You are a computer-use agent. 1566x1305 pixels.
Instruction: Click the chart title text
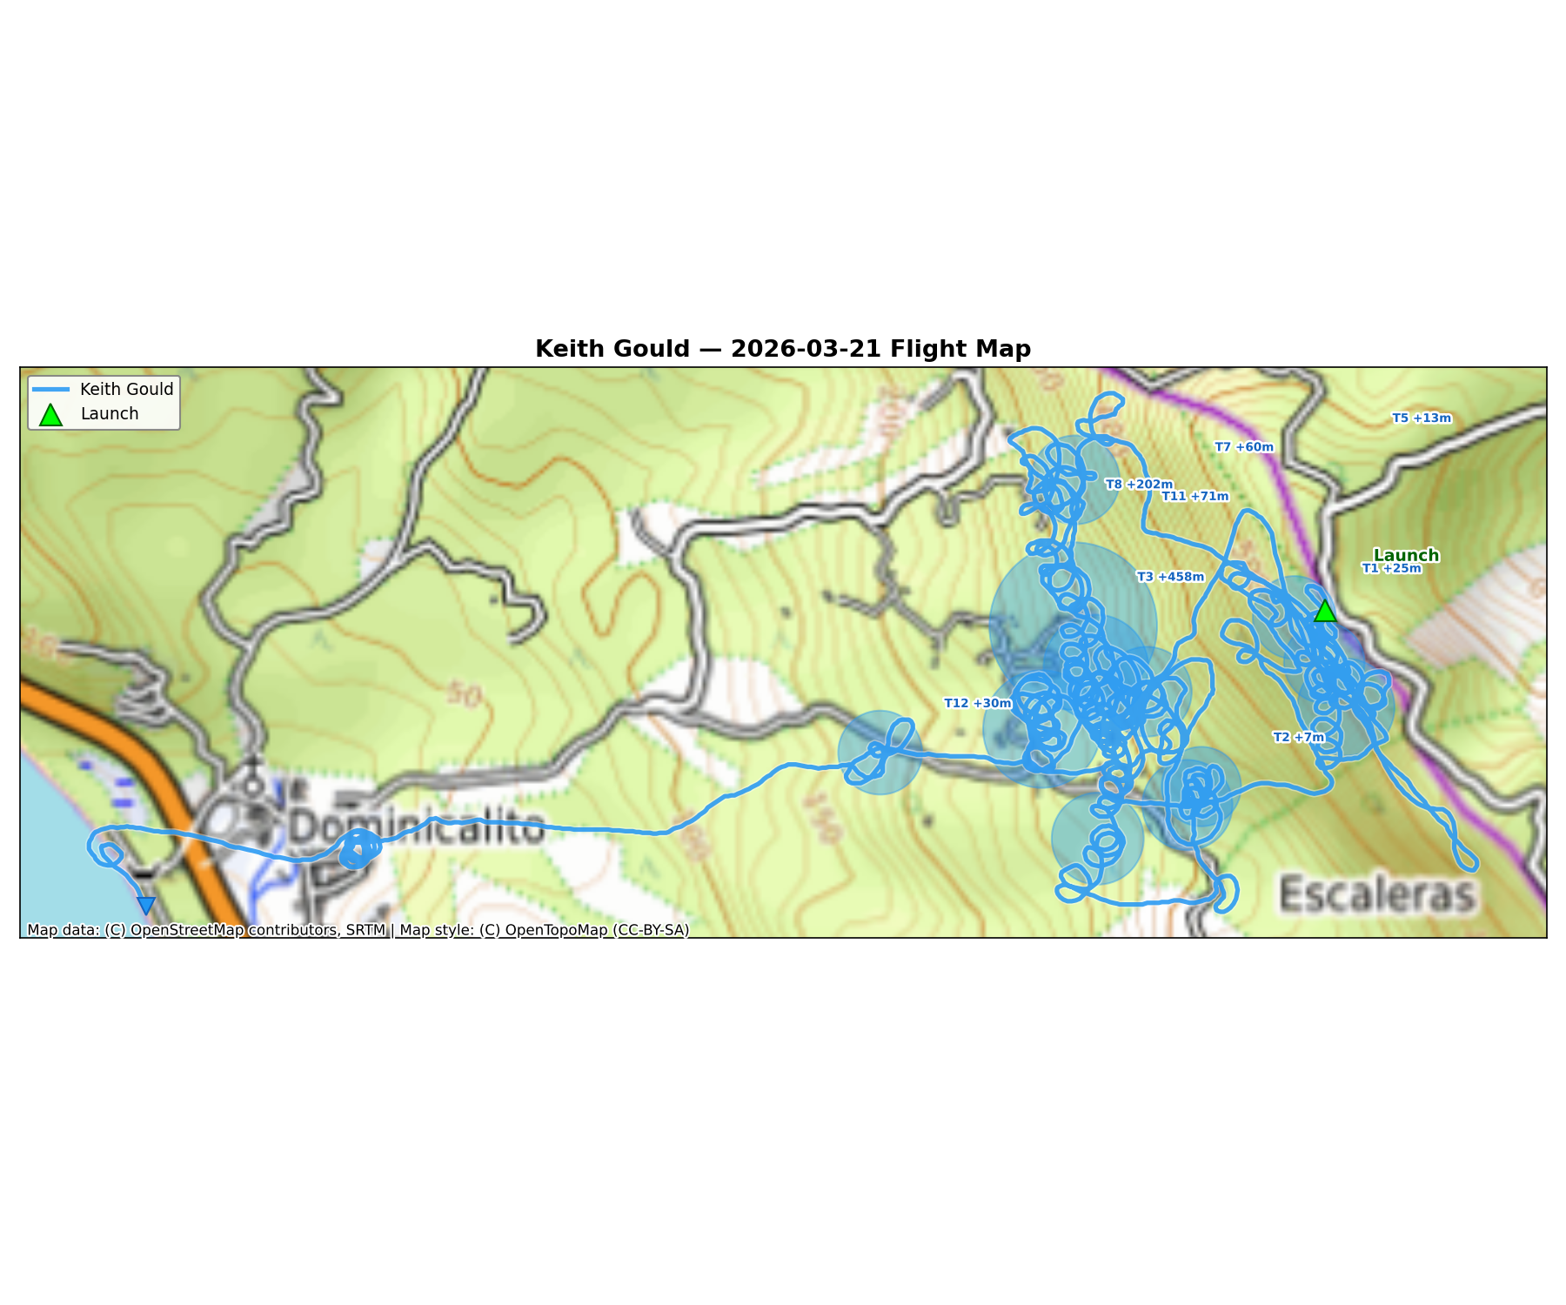coord(782,349)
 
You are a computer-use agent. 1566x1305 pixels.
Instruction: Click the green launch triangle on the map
coord(1324,611)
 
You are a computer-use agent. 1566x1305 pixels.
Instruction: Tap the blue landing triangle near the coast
coord(146,906)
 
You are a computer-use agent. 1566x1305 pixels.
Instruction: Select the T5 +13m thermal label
coord(1422,418)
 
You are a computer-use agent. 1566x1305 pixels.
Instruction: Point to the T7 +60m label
coord(1244,447)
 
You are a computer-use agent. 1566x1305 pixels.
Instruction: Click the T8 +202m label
coord(1139,485)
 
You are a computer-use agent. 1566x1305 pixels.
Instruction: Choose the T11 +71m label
coord(1195,497)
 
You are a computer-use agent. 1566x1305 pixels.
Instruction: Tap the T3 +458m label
coord(1170,577)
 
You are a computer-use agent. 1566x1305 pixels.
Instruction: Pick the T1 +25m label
coord(1391,569)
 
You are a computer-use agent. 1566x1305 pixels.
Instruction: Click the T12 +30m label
coord(978,703)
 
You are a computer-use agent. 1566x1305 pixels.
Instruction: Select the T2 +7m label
coord(1299,738)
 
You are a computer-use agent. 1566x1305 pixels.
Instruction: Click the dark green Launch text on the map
coord(1406,555)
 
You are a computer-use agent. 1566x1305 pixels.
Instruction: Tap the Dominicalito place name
coord(416,826)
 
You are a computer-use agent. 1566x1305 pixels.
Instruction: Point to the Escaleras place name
coord(1378,893)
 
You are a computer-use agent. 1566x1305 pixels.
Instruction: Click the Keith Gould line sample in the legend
coord(50,389)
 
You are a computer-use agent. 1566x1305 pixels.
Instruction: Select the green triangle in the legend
coord(50,415)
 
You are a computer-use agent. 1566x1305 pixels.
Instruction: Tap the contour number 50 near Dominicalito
coord(465,695)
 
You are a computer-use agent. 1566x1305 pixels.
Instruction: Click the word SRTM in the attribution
coord(365,930)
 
